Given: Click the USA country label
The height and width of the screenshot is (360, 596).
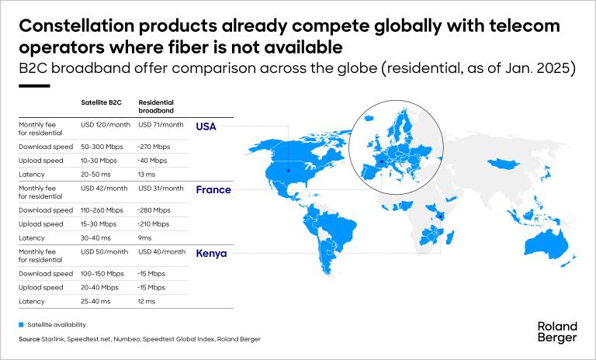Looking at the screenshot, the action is pos(206,126).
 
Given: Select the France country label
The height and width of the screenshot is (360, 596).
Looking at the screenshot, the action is pos(213,189).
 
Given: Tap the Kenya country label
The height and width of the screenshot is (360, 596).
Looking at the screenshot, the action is pos(211,254).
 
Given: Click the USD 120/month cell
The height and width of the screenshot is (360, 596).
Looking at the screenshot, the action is pos(106,125).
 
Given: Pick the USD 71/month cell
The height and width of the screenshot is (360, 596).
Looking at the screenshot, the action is pos(161,125).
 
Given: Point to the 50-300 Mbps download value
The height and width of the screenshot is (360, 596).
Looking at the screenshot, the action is pos(102,147).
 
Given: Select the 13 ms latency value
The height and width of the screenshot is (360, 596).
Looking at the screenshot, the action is pos(147,175).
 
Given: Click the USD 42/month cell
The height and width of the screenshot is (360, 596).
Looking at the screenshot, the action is pos(104,189).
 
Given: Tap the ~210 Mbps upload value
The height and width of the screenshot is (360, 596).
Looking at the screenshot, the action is pos(153,224).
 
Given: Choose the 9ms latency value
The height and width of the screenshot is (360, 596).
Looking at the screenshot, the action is pos(145,238).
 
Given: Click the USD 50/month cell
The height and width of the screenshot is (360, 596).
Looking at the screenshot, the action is pos(104,251).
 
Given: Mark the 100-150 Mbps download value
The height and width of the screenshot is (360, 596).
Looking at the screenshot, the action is pos(102,274).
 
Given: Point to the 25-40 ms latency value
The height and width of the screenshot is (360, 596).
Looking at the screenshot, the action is pos(95,302).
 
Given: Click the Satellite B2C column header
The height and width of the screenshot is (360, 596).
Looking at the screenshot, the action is pos(101,102).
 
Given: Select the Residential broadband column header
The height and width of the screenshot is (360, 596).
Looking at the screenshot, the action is pos(156,106).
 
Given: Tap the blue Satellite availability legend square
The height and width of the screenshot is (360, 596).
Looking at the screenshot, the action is pos(21,324).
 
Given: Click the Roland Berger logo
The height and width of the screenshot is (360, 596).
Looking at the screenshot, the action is pos(557,332).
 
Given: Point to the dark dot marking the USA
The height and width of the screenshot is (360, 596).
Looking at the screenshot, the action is pos(288,171).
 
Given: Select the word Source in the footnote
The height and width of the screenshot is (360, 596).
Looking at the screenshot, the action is pos(29,339).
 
